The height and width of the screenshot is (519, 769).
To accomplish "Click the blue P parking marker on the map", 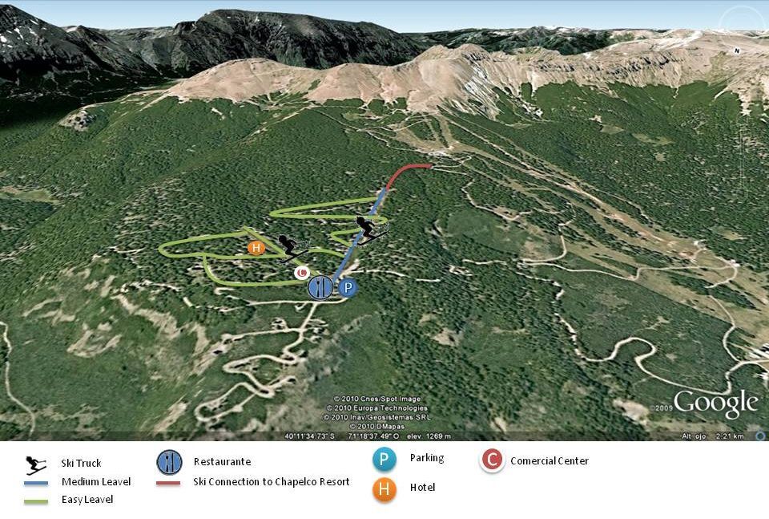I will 348,289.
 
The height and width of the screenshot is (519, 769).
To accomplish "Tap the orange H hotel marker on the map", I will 256,248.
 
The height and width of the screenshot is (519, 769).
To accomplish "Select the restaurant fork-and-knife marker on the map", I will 320,286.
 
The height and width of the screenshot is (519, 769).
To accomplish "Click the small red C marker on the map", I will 301,273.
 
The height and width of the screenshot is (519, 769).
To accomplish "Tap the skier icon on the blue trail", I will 369,229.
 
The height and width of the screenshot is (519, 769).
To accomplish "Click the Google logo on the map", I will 715,403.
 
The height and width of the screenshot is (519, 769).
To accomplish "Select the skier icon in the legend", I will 35,464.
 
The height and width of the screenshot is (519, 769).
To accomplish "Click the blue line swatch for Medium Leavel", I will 35,482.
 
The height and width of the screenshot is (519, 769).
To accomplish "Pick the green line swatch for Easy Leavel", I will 35,500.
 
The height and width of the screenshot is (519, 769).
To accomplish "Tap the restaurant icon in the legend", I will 169,462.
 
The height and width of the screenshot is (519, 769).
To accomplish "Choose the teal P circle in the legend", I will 384,460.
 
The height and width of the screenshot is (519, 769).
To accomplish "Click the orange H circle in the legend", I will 384,489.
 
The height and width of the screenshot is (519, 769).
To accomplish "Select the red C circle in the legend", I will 492,460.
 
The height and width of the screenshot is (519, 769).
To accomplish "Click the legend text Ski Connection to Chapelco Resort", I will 271,482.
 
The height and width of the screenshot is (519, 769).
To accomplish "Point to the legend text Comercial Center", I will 550,461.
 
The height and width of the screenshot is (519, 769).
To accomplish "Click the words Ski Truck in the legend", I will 81,464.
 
